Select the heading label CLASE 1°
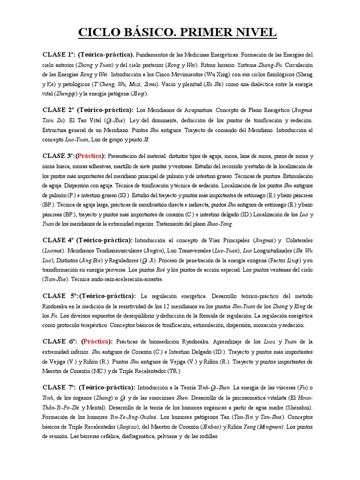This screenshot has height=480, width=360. pyautogui.click(x=59, y=55)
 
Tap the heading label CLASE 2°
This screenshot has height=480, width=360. pyautogui.click(x=59, y=110)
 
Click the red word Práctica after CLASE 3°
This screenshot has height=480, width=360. pyautogui.click(x=90, y=156)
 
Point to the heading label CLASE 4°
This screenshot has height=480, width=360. pyautogui.click(x=59, y=240)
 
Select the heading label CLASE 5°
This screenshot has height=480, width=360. pyautogui.click(x=59, y=296)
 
